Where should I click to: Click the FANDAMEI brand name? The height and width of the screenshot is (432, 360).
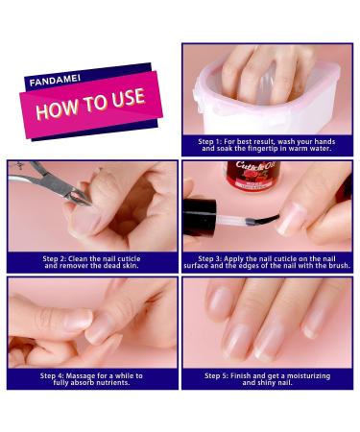[x=55, y=81]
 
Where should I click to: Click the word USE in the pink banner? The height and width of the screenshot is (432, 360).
[x=128, y=97]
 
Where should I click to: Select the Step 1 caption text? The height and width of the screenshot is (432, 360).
[x=267, y=145]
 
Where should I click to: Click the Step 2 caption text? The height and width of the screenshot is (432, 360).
[x=91, y=262]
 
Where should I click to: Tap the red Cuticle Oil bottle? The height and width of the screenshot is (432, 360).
[x=252, y=176]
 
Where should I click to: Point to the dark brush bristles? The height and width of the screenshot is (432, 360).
[x=262, y=220]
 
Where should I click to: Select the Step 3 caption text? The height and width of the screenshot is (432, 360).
[x=267, y=262]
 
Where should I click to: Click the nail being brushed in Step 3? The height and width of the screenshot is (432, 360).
[x=291, y=218]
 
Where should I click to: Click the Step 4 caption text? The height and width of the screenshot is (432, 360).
[x=91, y=379]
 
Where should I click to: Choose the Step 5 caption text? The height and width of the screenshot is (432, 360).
[x=267, y=379]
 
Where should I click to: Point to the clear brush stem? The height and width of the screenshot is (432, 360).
[x=230, y=220]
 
